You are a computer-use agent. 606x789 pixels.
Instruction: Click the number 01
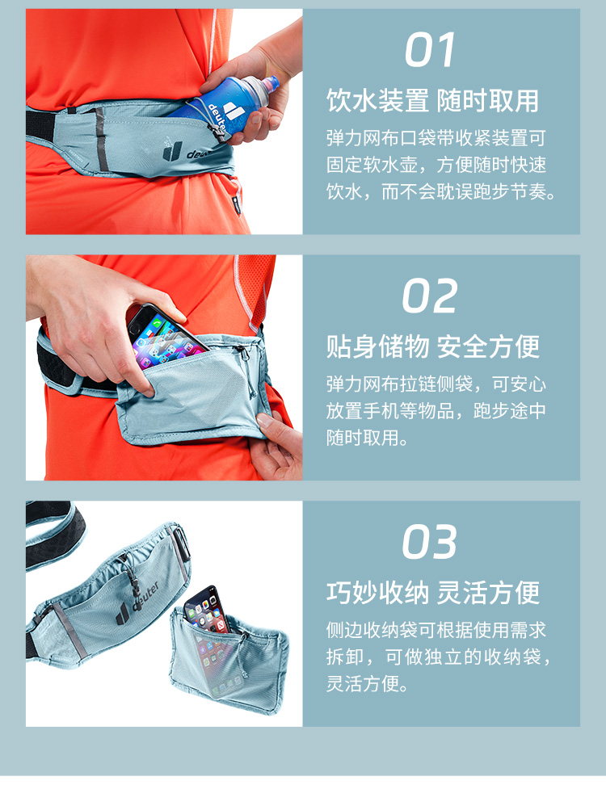431,49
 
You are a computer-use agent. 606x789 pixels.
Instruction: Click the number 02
429,296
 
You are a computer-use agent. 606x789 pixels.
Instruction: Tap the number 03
429,542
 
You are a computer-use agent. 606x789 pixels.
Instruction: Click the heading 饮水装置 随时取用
433,101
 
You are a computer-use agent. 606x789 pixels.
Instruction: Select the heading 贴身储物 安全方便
433,346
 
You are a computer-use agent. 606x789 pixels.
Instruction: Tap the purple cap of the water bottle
271,84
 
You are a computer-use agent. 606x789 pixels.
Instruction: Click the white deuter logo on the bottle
225,114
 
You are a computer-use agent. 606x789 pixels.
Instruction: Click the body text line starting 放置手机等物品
436,410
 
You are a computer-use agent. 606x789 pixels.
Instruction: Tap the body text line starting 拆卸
439,657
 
